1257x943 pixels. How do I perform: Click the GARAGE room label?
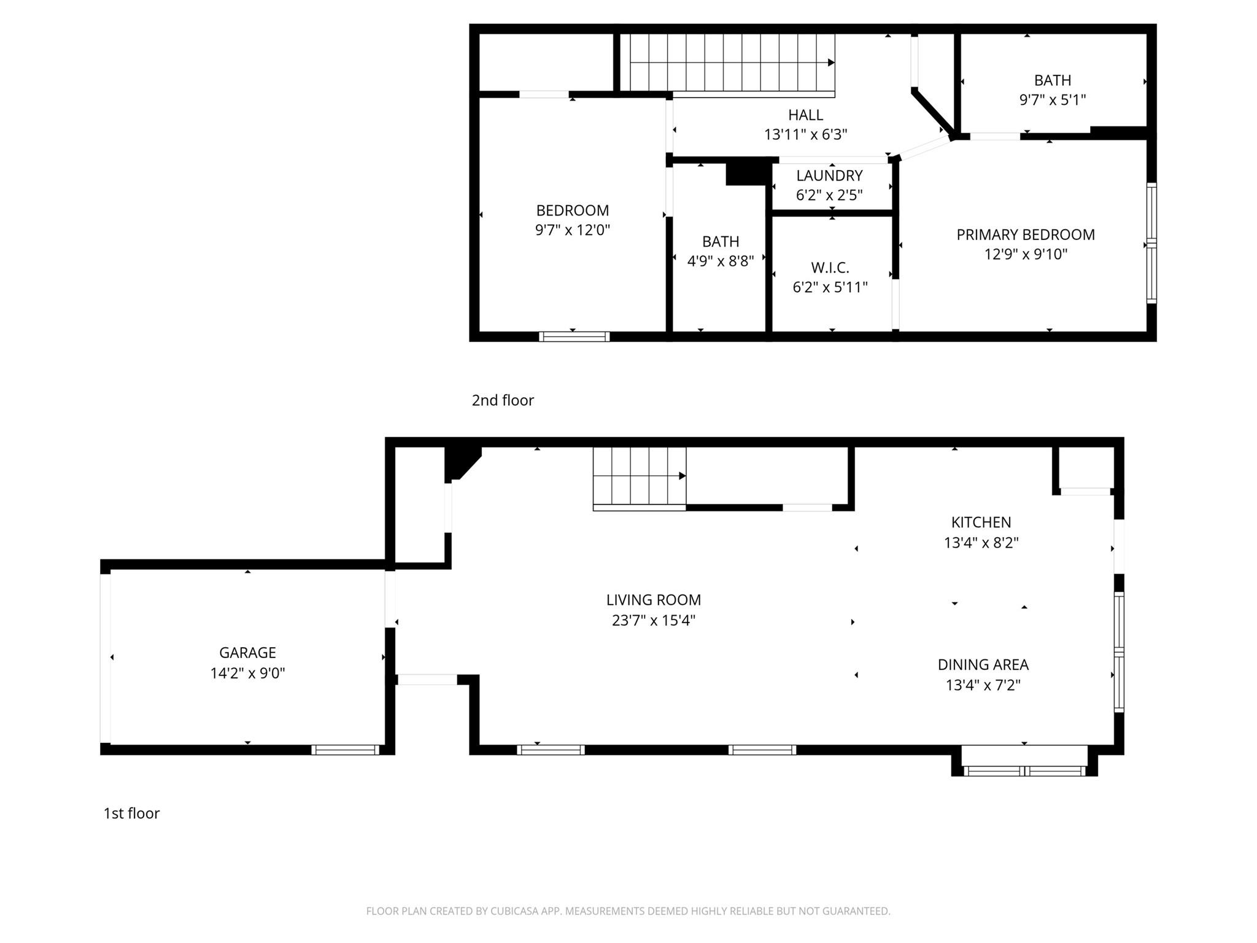click(x=247, y=653)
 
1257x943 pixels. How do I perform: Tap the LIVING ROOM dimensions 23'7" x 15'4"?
click(x=653, y=621)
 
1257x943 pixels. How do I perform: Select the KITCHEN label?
click(x=981, y=522)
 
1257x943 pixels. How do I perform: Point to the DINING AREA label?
click(x=983, y=664)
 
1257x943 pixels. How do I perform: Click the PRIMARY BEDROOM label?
click(x=1025, y=235)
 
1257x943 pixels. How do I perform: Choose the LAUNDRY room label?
click(x=829, y=176)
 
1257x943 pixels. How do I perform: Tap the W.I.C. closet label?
click(x=830, y=268)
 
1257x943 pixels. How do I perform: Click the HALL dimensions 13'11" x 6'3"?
click(x=805, y=134)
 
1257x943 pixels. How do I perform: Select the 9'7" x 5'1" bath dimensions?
click(x=1052, y=100)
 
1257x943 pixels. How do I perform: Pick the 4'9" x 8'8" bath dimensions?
click(x=720, y=262)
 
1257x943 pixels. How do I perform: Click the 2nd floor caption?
click(x=503, y=400)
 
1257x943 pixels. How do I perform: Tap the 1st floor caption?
click(x=131, y=813)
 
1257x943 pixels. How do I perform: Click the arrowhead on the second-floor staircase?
click(x=831, y=63)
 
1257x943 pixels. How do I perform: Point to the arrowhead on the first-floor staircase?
click(x=683, y=476)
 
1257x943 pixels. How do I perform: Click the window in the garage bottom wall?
click(x=345, y=750)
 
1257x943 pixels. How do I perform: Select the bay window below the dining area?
click(x=1024, y=771)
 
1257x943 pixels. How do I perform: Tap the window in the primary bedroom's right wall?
click(x=1151, y=244)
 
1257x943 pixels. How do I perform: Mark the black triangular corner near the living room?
click(x=459, y=460)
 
